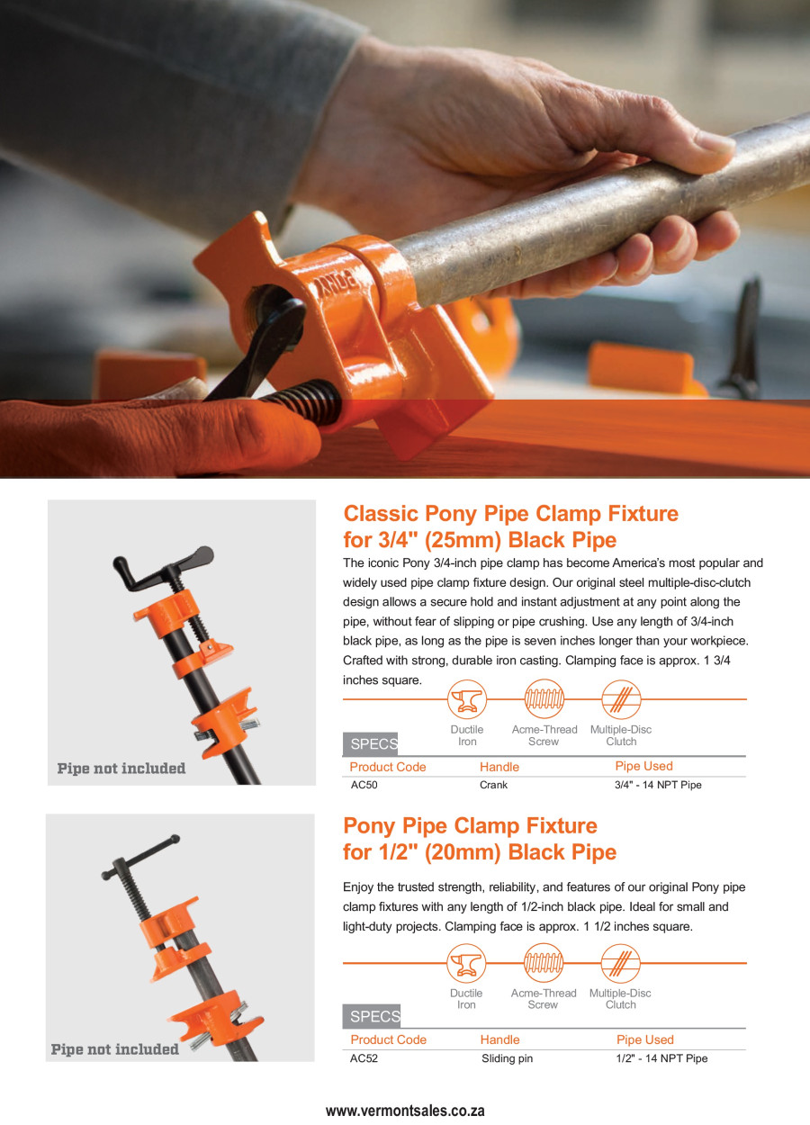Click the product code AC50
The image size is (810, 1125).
click(x=364, y=785)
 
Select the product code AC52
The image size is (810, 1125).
click(x=364, y=1058)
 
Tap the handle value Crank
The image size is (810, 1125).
click(x=493, y=785)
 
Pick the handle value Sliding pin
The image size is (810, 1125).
click(x=507, y=1058)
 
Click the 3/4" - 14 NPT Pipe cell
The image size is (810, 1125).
click(x=657, y=785)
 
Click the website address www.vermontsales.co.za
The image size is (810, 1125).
click(x=405, y=1111)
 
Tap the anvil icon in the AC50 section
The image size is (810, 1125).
click(x=466, y=699)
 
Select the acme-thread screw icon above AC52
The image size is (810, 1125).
click(x=543, y=963)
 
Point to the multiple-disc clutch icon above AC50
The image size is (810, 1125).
click(x=620, y=699)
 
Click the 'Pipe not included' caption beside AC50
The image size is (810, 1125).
click(x=121, y=769)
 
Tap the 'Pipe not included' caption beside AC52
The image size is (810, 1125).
click(x=115, y=1049)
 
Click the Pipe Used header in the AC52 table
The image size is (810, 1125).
click(x=644, y=1039)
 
